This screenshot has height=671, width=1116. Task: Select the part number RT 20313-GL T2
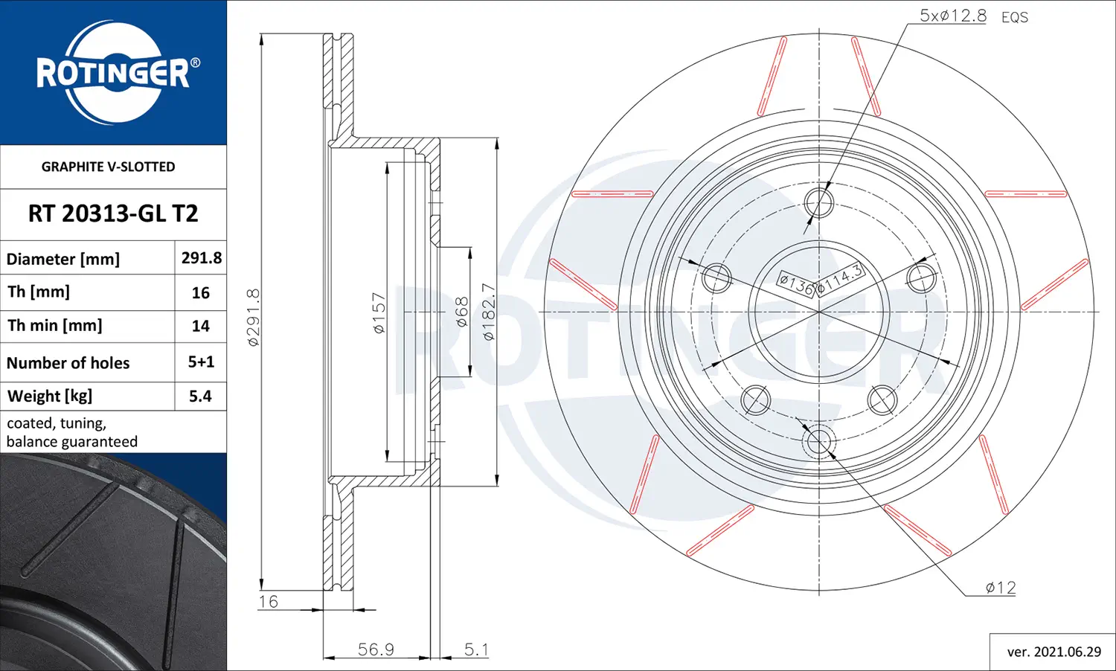pyautogui.click(x=113, y=213)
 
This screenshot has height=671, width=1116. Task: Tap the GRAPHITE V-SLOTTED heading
pyautogui.click(x=108, y=167)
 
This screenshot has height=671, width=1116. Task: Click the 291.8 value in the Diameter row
pyautogui.click(x=202, y=257)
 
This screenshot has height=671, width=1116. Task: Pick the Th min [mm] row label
pyautogui.click(x=55, y=325)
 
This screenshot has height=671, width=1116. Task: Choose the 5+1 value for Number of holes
pyautogui.click(x=201, y=362)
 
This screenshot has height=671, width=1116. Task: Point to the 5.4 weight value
pyautogui.click(x=200, y=396)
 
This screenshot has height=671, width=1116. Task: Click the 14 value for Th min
pyautogui.click(x=201, y=326)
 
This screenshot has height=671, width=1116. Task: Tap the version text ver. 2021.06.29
pyautogui.click(x=1054, y=652)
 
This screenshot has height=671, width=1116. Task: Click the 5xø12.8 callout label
pyautogui.click(x=952, y=16)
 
